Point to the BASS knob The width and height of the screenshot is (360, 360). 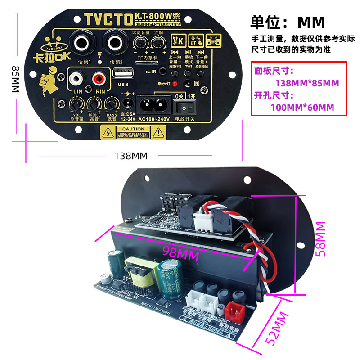point(110,105)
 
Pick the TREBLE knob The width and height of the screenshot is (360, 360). point(93,105)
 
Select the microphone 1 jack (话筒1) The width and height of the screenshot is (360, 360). point(83,44)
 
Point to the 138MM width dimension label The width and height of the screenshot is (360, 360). point(130,156)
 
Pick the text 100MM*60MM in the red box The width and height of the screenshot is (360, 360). point(302,108)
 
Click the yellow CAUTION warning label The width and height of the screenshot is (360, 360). point(130,132)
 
